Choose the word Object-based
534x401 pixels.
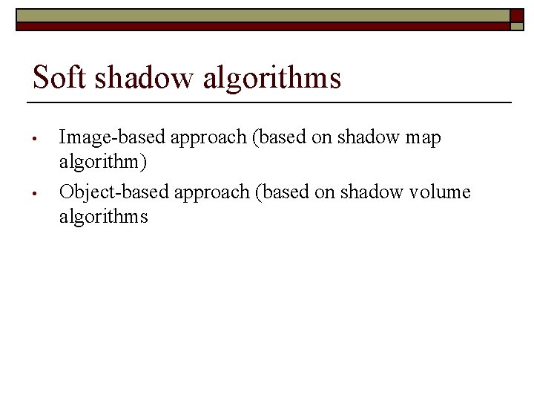115,192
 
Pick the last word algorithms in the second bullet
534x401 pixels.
104,217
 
